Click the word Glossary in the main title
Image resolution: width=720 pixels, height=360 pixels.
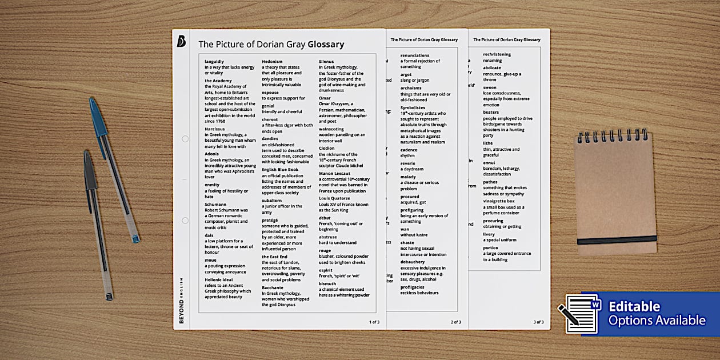click(326, 44)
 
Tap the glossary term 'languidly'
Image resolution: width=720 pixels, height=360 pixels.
click(214, 61)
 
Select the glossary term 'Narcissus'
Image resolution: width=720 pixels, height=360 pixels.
click(215, 129)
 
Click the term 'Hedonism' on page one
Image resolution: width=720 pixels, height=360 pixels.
click(272, 61)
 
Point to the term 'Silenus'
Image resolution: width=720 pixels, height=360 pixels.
click(326, 61)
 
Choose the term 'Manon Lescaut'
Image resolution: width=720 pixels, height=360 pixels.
click(334, 173)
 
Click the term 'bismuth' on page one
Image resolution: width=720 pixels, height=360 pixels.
click(327, 283)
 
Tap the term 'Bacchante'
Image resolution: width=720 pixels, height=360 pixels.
click(273, 287)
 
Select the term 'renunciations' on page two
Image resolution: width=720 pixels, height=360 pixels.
click(414, 55)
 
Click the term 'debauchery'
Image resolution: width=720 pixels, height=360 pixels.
click(413, 262)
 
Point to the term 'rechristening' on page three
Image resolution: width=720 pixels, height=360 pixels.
click(497, 54)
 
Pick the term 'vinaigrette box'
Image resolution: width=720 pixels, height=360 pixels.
click(499, 201)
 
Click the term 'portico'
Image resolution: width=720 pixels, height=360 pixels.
click(490, 247)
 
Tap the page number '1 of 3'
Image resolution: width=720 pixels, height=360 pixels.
click(374, 322)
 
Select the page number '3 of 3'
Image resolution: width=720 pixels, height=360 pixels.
click(538, 322)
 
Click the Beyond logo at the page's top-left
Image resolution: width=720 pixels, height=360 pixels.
click(181, 41)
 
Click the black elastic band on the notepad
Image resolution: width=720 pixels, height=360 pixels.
click(617, 239)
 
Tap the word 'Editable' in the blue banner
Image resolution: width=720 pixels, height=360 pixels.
click(634, 307)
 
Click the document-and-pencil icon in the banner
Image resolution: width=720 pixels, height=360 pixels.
click(579, 313)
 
